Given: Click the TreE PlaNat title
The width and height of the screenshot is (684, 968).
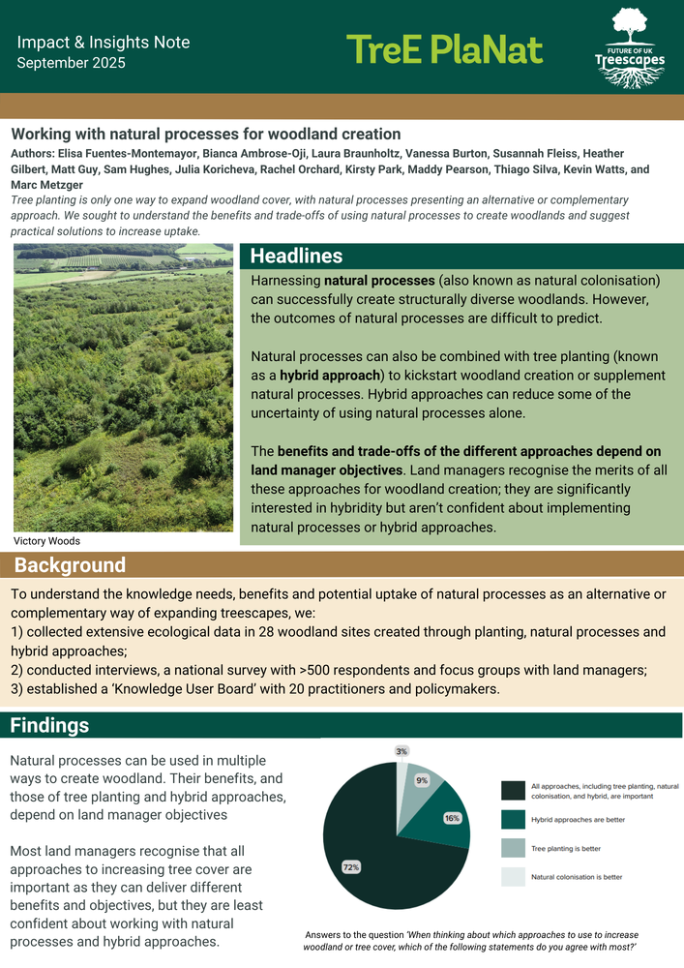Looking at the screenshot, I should tap(444, 48).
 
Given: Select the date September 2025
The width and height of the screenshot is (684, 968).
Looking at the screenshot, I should tap(71, 63).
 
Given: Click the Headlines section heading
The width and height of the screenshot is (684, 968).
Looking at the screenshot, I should tap(296, 256).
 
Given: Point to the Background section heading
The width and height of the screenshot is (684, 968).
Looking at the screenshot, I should tap(70, 565).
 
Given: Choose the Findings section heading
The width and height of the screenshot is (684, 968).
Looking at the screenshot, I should tap(50, 725).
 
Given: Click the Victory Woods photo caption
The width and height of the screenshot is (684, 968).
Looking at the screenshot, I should tap(46, 541).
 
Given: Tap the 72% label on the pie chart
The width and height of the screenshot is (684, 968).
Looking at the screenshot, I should tap(351, 867).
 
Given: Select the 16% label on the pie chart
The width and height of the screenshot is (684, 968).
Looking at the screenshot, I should tap(452, 818).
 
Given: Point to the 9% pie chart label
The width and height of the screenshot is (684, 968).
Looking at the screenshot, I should tap(423, 780).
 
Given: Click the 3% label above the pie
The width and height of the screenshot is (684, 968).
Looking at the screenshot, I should tap(401, 751).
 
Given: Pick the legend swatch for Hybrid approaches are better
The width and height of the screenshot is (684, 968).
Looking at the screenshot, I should tap(513, 819).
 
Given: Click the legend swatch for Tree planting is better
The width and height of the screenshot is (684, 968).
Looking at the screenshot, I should tap(513, 848).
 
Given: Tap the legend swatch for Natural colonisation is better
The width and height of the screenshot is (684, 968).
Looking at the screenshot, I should tap(513, 877).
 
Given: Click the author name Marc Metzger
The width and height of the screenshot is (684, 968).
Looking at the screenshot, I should tap(47, 185).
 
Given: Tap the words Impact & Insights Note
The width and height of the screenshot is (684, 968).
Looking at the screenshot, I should tap(104, 43).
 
